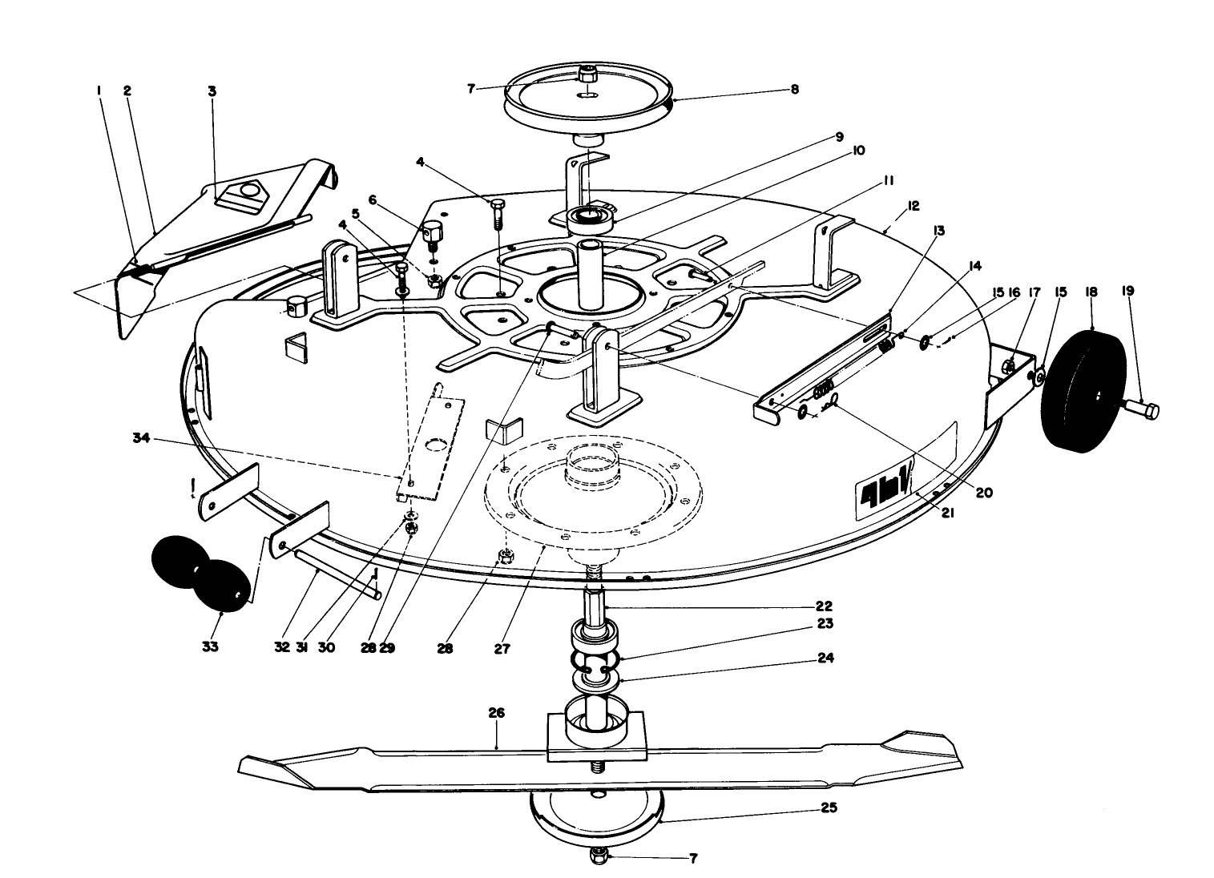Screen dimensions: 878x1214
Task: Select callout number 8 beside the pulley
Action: [794, 90]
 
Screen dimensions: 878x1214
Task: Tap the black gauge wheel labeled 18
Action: [1083, 390]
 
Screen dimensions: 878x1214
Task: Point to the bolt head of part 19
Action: [1147, 412]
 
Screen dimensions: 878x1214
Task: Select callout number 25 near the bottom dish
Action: [829, 808]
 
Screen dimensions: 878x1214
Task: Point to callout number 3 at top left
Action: [212, 91]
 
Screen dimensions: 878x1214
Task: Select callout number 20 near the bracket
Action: [983, 493]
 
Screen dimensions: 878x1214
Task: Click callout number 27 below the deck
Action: [502, 648]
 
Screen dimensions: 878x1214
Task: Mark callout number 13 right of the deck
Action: [939, 231]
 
